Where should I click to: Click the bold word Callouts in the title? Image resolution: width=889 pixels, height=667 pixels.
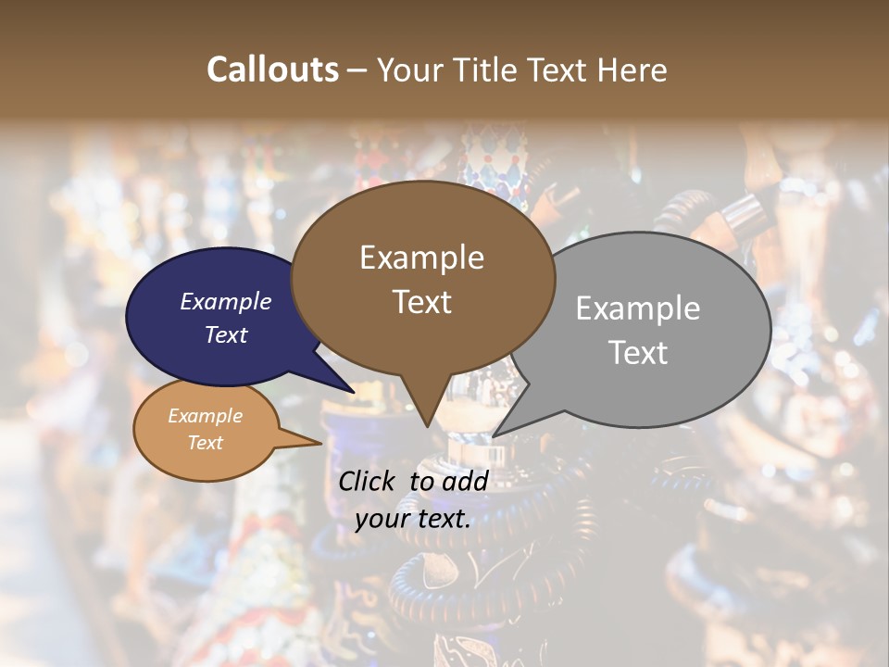point(272,69)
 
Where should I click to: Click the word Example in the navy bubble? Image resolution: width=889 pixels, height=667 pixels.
point(226,301)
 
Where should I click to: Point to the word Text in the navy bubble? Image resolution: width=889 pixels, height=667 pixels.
point(226,334)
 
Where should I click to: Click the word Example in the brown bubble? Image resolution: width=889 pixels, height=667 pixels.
point(421,258)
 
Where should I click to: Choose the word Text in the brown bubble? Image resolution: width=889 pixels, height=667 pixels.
point(421,302)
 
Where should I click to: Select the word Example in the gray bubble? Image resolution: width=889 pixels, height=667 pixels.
point(638,308)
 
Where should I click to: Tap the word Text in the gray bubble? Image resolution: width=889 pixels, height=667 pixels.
point(638,353)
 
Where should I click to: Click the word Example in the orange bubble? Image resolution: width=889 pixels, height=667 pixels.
point(206,416)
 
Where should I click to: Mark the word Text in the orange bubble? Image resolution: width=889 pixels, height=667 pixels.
point(206,443)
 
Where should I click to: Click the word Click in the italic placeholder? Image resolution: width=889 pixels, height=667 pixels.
point(369,481)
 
